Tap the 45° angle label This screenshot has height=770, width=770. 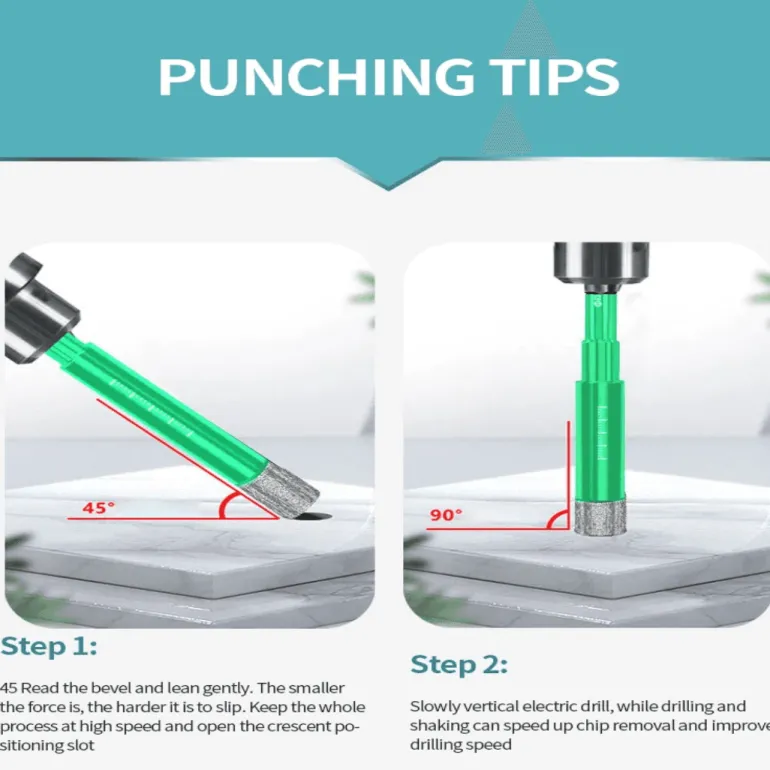(99, 507)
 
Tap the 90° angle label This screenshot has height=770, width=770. (446, 514)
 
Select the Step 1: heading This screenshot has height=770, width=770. (49, 646)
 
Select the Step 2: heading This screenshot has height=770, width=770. (459, 664)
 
